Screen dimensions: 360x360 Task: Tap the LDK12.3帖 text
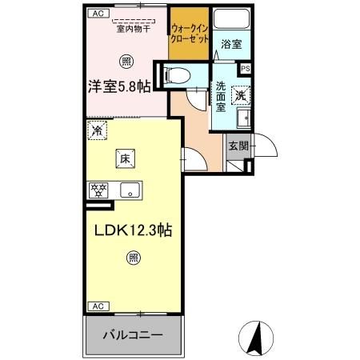[x=133, y=230]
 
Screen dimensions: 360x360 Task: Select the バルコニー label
[x=133, y=334]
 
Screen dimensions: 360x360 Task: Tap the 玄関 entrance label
[x=237, y=146]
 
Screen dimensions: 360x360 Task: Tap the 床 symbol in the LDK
[x=126, y=159]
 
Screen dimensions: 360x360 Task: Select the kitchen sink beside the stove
[x=130, y=190]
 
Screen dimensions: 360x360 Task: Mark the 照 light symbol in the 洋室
[x=126, y=60]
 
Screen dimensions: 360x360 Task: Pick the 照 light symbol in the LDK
[x=132, y=258]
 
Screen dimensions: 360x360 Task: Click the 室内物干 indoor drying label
[x=134, y=30]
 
